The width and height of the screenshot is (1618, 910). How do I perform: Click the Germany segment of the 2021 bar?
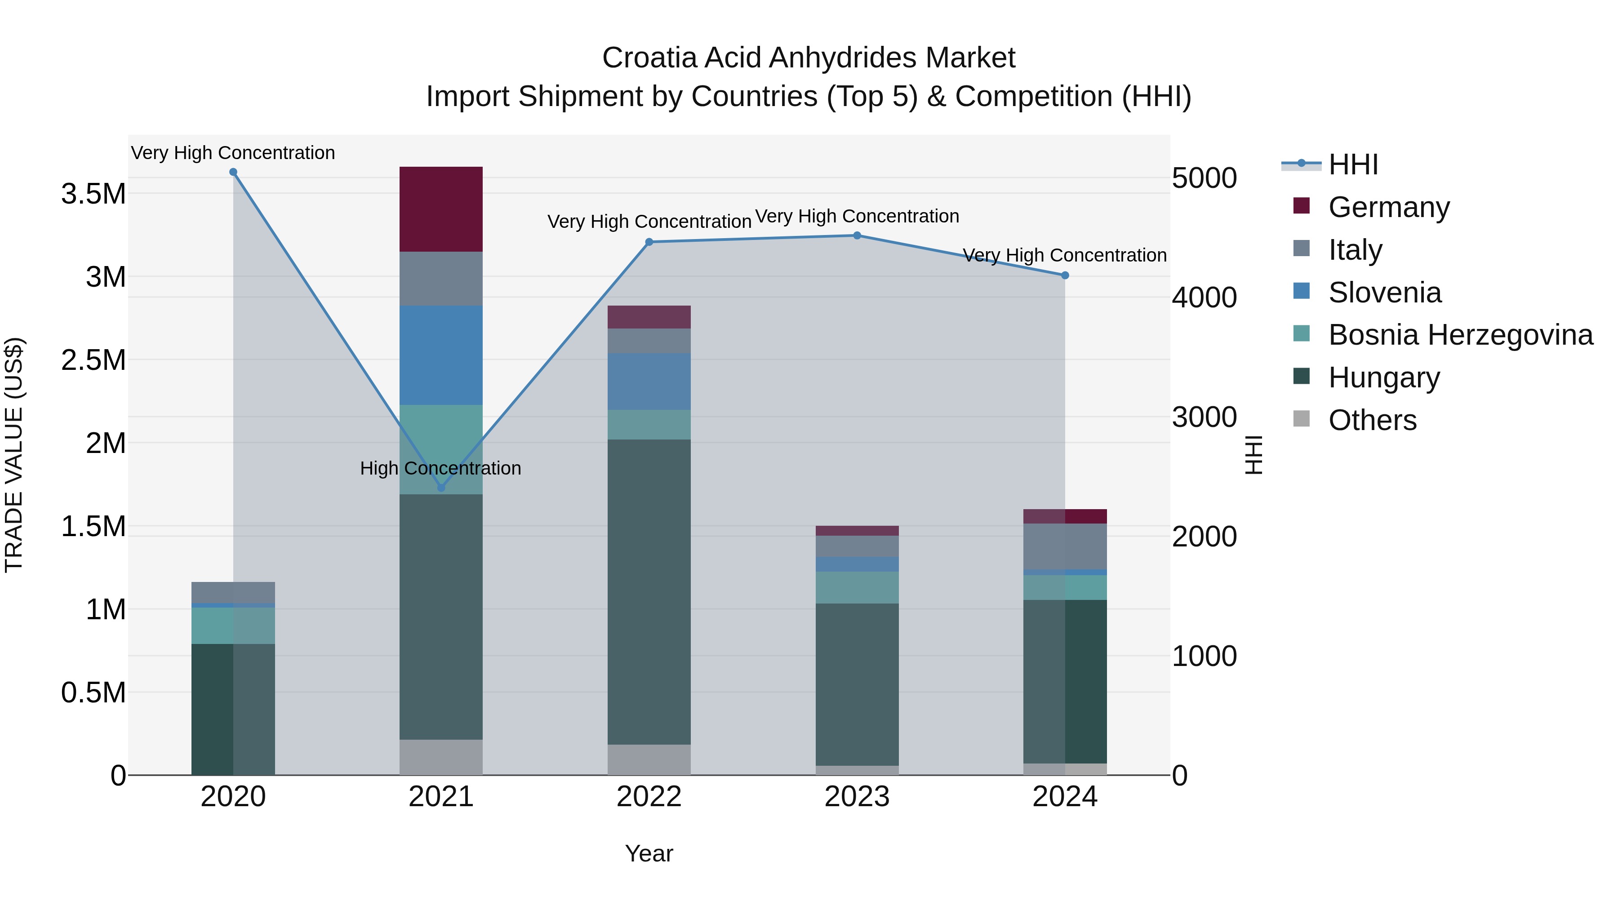coord(441,209)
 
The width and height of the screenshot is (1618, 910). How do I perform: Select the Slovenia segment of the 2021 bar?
coord(441,355)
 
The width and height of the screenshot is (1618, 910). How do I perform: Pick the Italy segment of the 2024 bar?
coord(1065,546)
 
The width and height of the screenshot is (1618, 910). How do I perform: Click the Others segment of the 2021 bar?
coord(441,757)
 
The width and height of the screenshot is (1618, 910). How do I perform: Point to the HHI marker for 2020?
coord(233,172)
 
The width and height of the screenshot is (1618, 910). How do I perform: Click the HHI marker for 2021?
coord(441,488)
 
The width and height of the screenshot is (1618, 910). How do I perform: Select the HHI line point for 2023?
coord(857,235)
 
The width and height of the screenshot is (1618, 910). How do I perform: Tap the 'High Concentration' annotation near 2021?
coord(440,469)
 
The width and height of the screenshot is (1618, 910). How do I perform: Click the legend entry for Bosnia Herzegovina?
coord(1460,335)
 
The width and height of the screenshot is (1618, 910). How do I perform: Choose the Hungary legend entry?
coord(1384,377)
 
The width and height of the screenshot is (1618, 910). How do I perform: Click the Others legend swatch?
coord(1302,419)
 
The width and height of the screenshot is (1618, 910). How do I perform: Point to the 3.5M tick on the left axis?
coord(93,193)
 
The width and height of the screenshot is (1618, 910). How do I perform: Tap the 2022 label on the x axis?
coord(649,797)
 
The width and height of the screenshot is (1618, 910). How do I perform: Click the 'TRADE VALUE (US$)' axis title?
coord(14,455)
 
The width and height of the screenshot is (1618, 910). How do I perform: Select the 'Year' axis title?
coord(649,853)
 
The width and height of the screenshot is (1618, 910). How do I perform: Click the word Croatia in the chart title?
coord(649,58)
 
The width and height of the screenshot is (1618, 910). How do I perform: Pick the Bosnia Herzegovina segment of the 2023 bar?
coord(857,587)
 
